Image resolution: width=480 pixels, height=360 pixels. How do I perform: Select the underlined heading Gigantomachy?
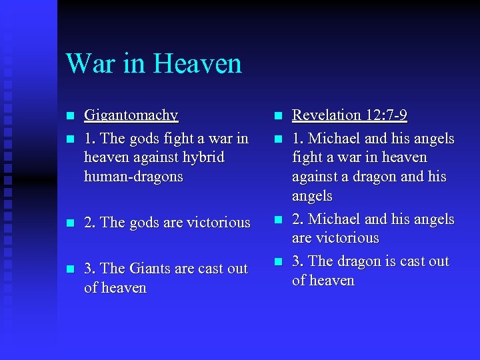pyautogui.click(x=131, y=116)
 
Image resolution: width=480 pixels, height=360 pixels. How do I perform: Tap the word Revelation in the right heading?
pyautogui.click(x=327, y=115)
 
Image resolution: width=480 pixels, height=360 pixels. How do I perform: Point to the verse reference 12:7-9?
pyautogui.click(x=386, y=115)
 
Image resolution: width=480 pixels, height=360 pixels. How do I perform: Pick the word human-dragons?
pyautogui.click(x=133, y=177)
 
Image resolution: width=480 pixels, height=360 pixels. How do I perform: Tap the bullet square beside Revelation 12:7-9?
pyautogui.click(x=279, y=116)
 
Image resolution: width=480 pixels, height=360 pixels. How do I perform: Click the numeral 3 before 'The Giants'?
pyautogui.click(x=88, y=269)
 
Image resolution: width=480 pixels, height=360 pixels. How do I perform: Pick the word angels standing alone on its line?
pyautogui.click(x=312, y=197)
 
